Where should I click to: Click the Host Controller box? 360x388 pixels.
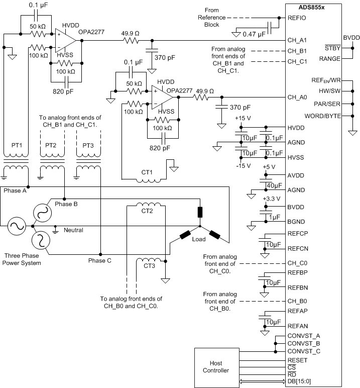click(219, 366)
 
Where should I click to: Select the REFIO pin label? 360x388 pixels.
click(296, 18)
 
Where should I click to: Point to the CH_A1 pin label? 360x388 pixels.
click(297, 40)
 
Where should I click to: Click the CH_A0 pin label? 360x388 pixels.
click(297, 97)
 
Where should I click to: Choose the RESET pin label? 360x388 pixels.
click(297, 360)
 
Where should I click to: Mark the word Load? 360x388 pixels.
click(199, 239)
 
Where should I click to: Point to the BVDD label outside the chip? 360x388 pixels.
click(351, 38)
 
